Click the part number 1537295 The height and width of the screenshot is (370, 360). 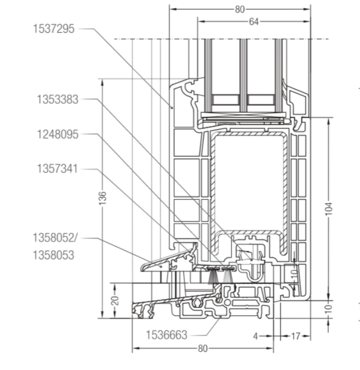tap(54, 29)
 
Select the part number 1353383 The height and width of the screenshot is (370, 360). tap(58, 99)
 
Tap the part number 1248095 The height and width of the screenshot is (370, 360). tap(58, 134)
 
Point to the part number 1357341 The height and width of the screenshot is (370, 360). tap(57, 169)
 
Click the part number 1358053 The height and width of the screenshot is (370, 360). tap(54, 255)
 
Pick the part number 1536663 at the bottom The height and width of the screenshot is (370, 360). tap(166, 335)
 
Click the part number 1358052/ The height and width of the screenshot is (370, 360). tap(55, 238)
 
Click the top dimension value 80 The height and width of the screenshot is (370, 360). tap(240, 9)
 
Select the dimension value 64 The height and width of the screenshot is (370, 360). tap(254, 22)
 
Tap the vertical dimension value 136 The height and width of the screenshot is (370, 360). tap(102, 198)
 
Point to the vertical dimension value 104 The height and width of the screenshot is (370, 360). tap(329, 209)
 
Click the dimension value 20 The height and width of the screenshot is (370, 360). tap(115, 300)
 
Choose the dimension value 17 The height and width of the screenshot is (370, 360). tap(295, 336)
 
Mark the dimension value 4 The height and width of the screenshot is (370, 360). tap(255, 336)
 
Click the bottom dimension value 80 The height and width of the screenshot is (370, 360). tap(203, 349)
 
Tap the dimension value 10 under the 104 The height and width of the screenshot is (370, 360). tap(329, 309)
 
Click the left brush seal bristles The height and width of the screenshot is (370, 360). tap(213, 276)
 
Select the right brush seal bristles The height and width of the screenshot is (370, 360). tap(228, 276)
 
